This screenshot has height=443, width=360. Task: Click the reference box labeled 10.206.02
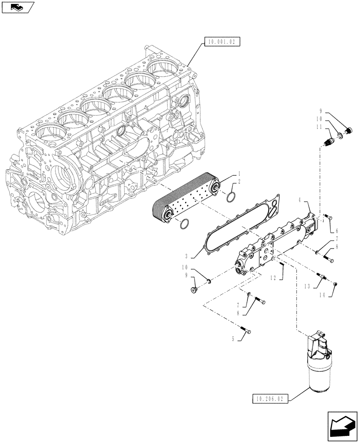click(x=270, y=399)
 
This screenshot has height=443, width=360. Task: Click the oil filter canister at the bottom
click(x=318, y=370)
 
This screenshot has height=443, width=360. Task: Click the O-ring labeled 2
click(x=230, y=196)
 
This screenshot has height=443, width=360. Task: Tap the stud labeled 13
click(x=322, y=278)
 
